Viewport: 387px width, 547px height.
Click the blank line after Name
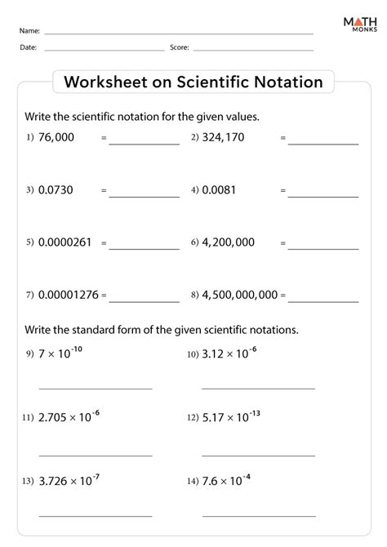(179, 33)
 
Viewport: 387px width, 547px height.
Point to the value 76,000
(56, 138)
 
